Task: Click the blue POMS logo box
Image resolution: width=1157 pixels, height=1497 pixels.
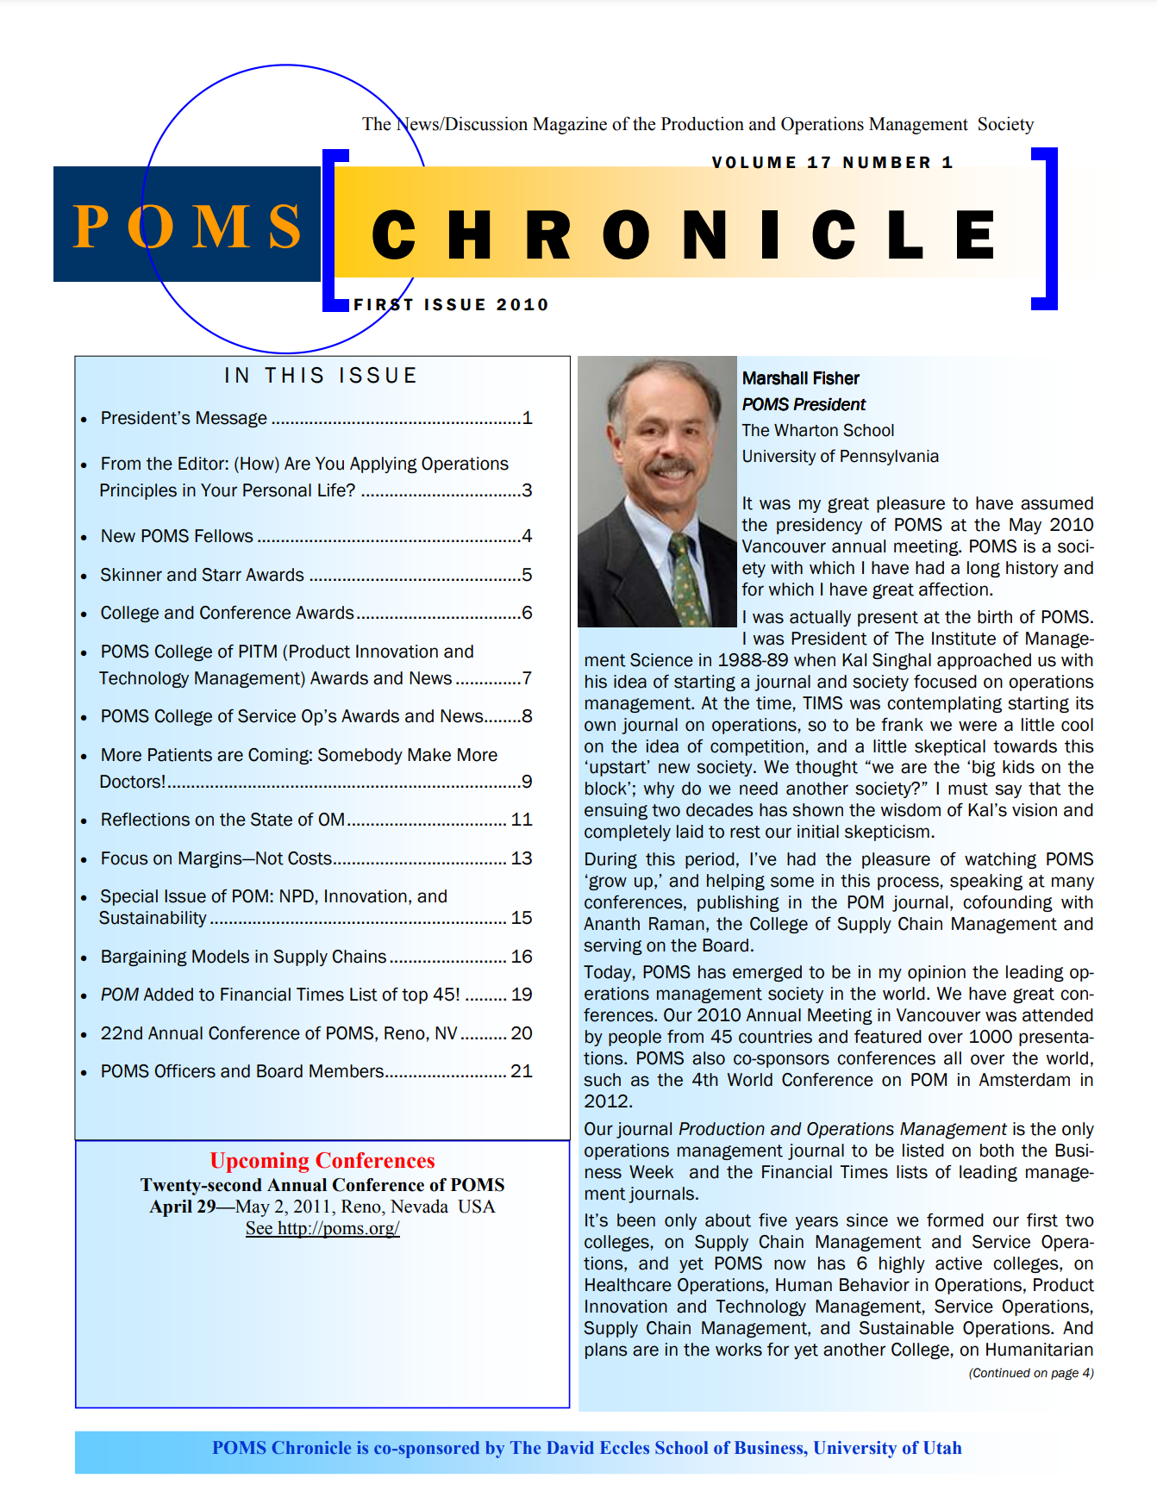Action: click(x=186, y=224)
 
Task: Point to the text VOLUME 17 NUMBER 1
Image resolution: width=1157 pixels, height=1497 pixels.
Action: click(x=832, y=162)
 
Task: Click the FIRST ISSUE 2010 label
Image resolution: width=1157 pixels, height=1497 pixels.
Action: click(x=451, y=304)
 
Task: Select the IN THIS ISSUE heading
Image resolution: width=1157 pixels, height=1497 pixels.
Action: click(x=321, y=376)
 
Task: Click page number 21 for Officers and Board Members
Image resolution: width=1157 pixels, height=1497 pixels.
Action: click(x=522, y=1070)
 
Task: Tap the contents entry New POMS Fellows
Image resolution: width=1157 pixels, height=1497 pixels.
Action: click(x=177, y=536)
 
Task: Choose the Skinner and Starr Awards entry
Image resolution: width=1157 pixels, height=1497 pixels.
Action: click(x=203, y=575)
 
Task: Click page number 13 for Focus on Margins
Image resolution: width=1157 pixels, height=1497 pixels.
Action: click(x=522, y=858)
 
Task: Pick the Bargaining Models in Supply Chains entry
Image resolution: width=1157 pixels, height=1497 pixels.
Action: click(x=243, y=957)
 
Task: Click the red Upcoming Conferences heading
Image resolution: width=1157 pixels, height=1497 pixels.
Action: click(x=322, y=1160)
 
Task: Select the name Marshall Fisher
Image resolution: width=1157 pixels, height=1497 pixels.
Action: click(x=801, y=378)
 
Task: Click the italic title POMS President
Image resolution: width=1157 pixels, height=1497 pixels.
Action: click(x=804, y=404)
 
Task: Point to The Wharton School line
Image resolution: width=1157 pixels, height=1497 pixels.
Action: click(x=818, y=430)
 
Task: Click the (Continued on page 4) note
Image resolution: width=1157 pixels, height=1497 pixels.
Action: click(x=1031, y=1373)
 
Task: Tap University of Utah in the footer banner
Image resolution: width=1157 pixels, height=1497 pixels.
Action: click(x=887, y=1448)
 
